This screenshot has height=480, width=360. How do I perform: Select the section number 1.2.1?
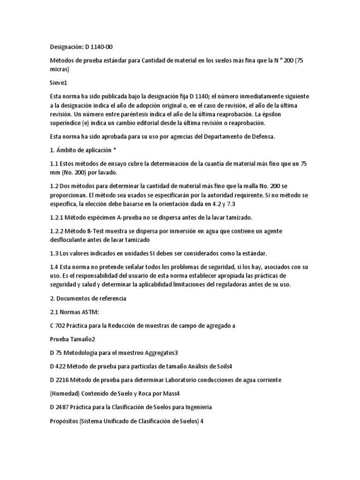coord(58,217)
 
